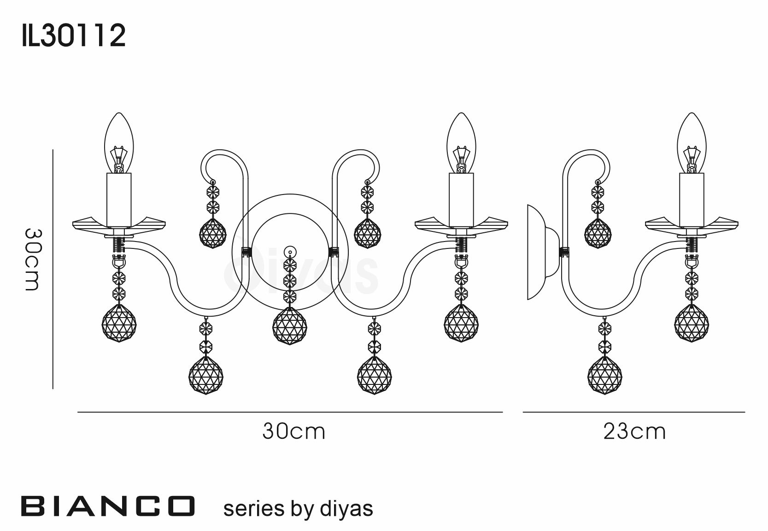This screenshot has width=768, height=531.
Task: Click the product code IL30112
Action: click(x=74, y=35)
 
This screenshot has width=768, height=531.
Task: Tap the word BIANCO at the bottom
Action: click(x=108, y=506)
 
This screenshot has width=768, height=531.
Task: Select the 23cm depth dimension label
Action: click(x=635, y=431)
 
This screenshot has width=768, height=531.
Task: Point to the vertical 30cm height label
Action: click(x=33, y=260)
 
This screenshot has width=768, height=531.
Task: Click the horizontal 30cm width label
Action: click(x=294, y=431)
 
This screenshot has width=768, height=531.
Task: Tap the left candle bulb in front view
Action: click(x=119, y=143)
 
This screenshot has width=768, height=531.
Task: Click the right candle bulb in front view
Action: click(x=461, y=143)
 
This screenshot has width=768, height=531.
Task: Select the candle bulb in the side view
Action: click(x=692, y=143)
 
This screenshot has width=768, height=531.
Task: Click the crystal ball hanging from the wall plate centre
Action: click(x=290, y=326)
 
